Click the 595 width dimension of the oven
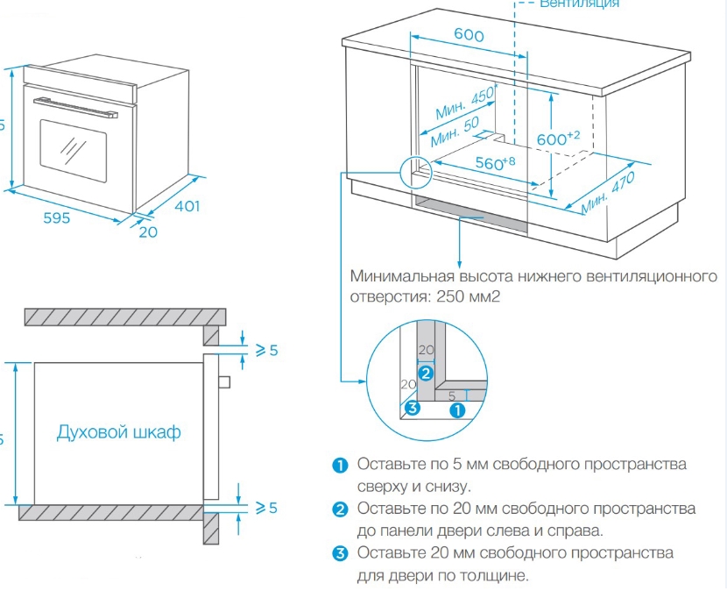57,218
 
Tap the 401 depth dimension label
186,207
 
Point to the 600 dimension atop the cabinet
469,35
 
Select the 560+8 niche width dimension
495,163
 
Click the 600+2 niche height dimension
559,138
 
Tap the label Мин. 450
465,103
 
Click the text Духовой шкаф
119,432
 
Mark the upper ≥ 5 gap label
265,350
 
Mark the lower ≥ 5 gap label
265,508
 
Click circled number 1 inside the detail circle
455,409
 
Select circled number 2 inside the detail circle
426,372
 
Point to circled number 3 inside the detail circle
412,408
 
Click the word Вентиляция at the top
579,4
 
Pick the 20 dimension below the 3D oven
147,232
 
